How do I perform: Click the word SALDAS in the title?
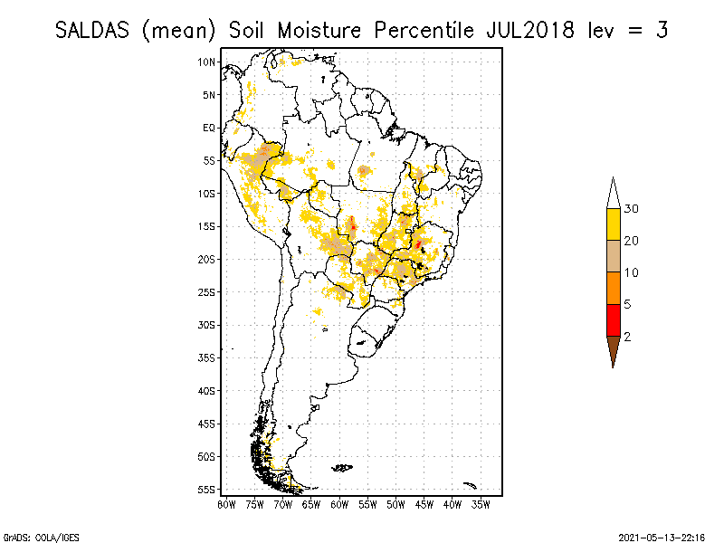93,30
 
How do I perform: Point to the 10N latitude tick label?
207,62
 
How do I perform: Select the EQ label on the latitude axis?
209,128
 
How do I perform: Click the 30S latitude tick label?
207,325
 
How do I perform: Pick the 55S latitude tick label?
207,490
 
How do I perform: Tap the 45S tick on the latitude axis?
207,424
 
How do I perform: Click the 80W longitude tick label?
226,503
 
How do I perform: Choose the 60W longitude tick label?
339,503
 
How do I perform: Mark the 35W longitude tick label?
481,503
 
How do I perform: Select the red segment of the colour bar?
613,319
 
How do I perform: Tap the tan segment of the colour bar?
613,256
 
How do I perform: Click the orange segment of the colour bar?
613,288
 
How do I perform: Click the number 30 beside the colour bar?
632,209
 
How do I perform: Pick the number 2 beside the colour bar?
628,336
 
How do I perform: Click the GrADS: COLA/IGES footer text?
30,537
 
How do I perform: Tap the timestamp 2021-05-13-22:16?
662,537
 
